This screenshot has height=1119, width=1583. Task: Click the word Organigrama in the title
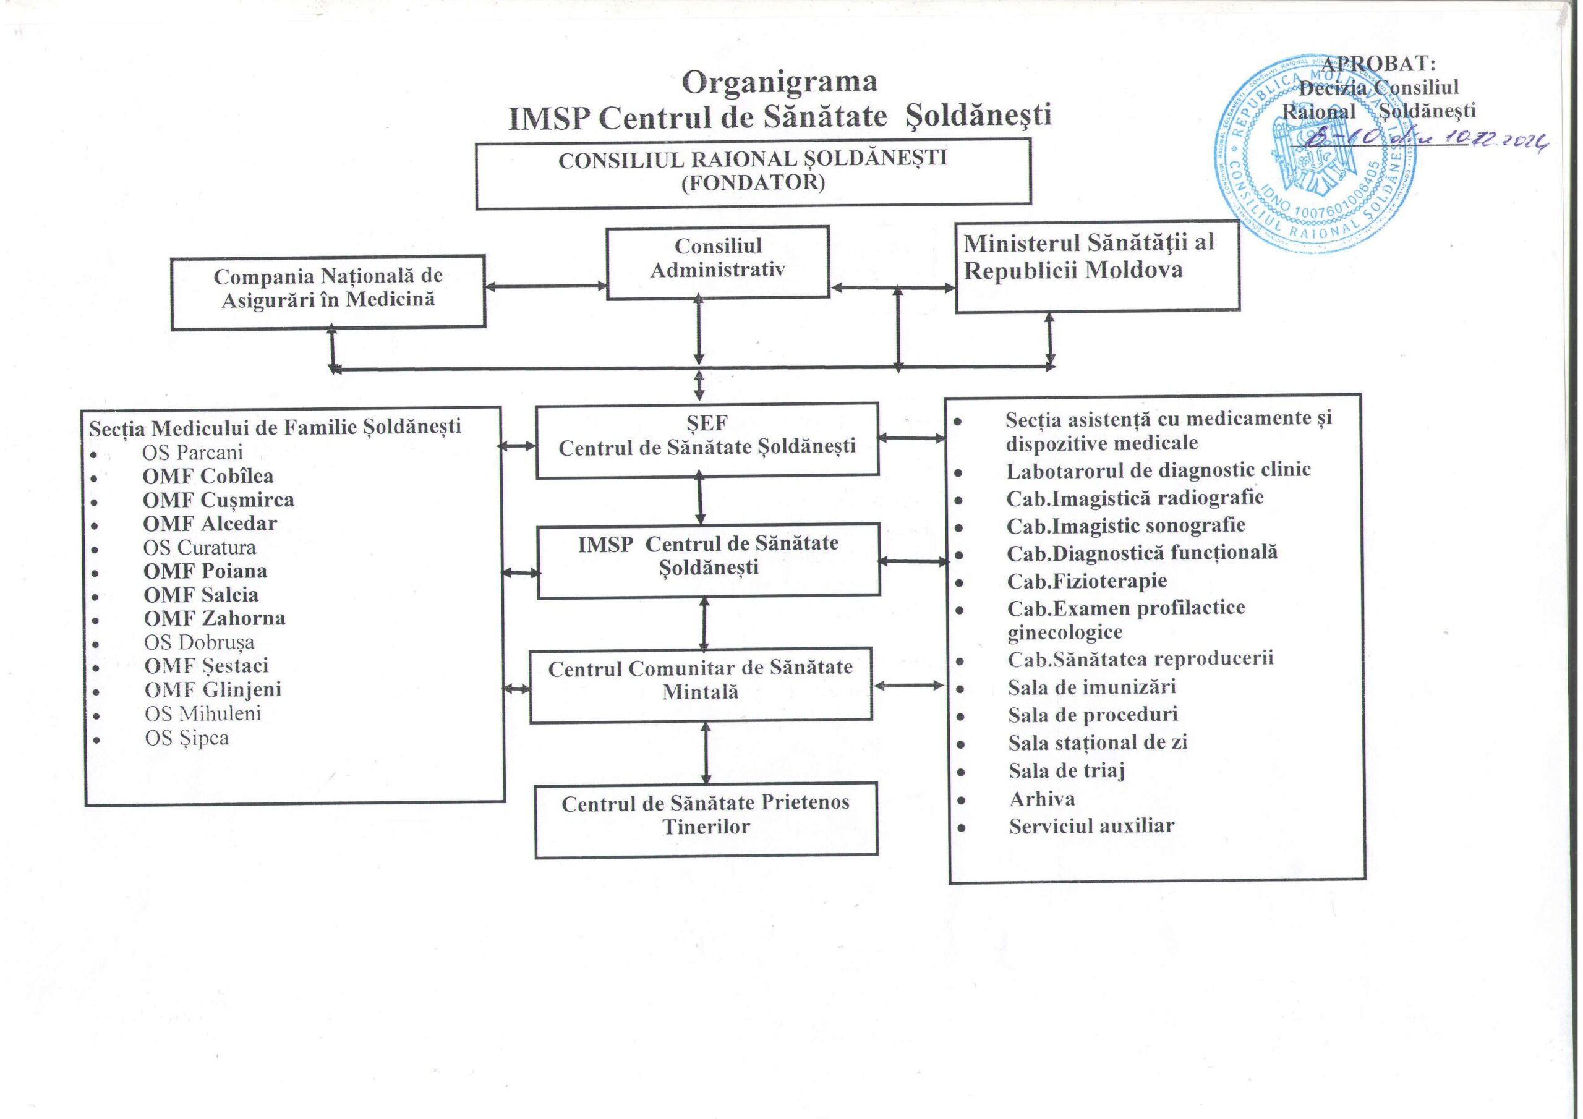779,83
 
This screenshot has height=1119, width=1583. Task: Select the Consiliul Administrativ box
717,262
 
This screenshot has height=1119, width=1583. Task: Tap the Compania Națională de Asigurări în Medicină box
328,292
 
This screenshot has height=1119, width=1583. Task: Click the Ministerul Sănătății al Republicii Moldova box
1097,266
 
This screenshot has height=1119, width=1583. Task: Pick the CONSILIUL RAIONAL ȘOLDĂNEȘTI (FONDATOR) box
753,173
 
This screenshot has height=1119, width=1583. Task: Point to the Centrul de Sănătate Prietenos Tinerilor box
706,819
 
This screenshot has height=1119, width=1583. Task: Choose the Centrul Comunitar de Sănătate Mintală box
701,684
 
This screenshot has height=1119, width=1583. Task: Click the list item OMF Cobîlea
208,477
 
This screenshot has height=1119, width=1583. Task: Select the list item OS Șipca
187,738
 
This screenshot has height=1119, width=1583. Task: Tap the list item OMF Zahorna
215,618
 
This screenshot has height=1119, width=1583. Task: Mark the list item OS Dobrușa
199,642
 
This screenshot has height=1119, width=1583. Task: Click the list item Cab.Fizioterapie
1086,581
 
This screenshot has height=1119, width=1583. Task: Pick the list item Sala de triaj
1066,770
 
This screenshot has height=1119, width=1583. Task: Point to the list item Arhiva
1042,799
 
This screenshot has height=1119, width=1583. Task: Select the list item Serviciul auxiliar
1091,826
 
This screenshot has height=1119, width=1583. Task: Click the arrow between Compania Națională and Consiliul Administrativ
545,286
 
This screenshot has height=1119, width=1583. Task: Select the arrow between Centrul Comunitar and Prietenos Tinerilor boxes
706,752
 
